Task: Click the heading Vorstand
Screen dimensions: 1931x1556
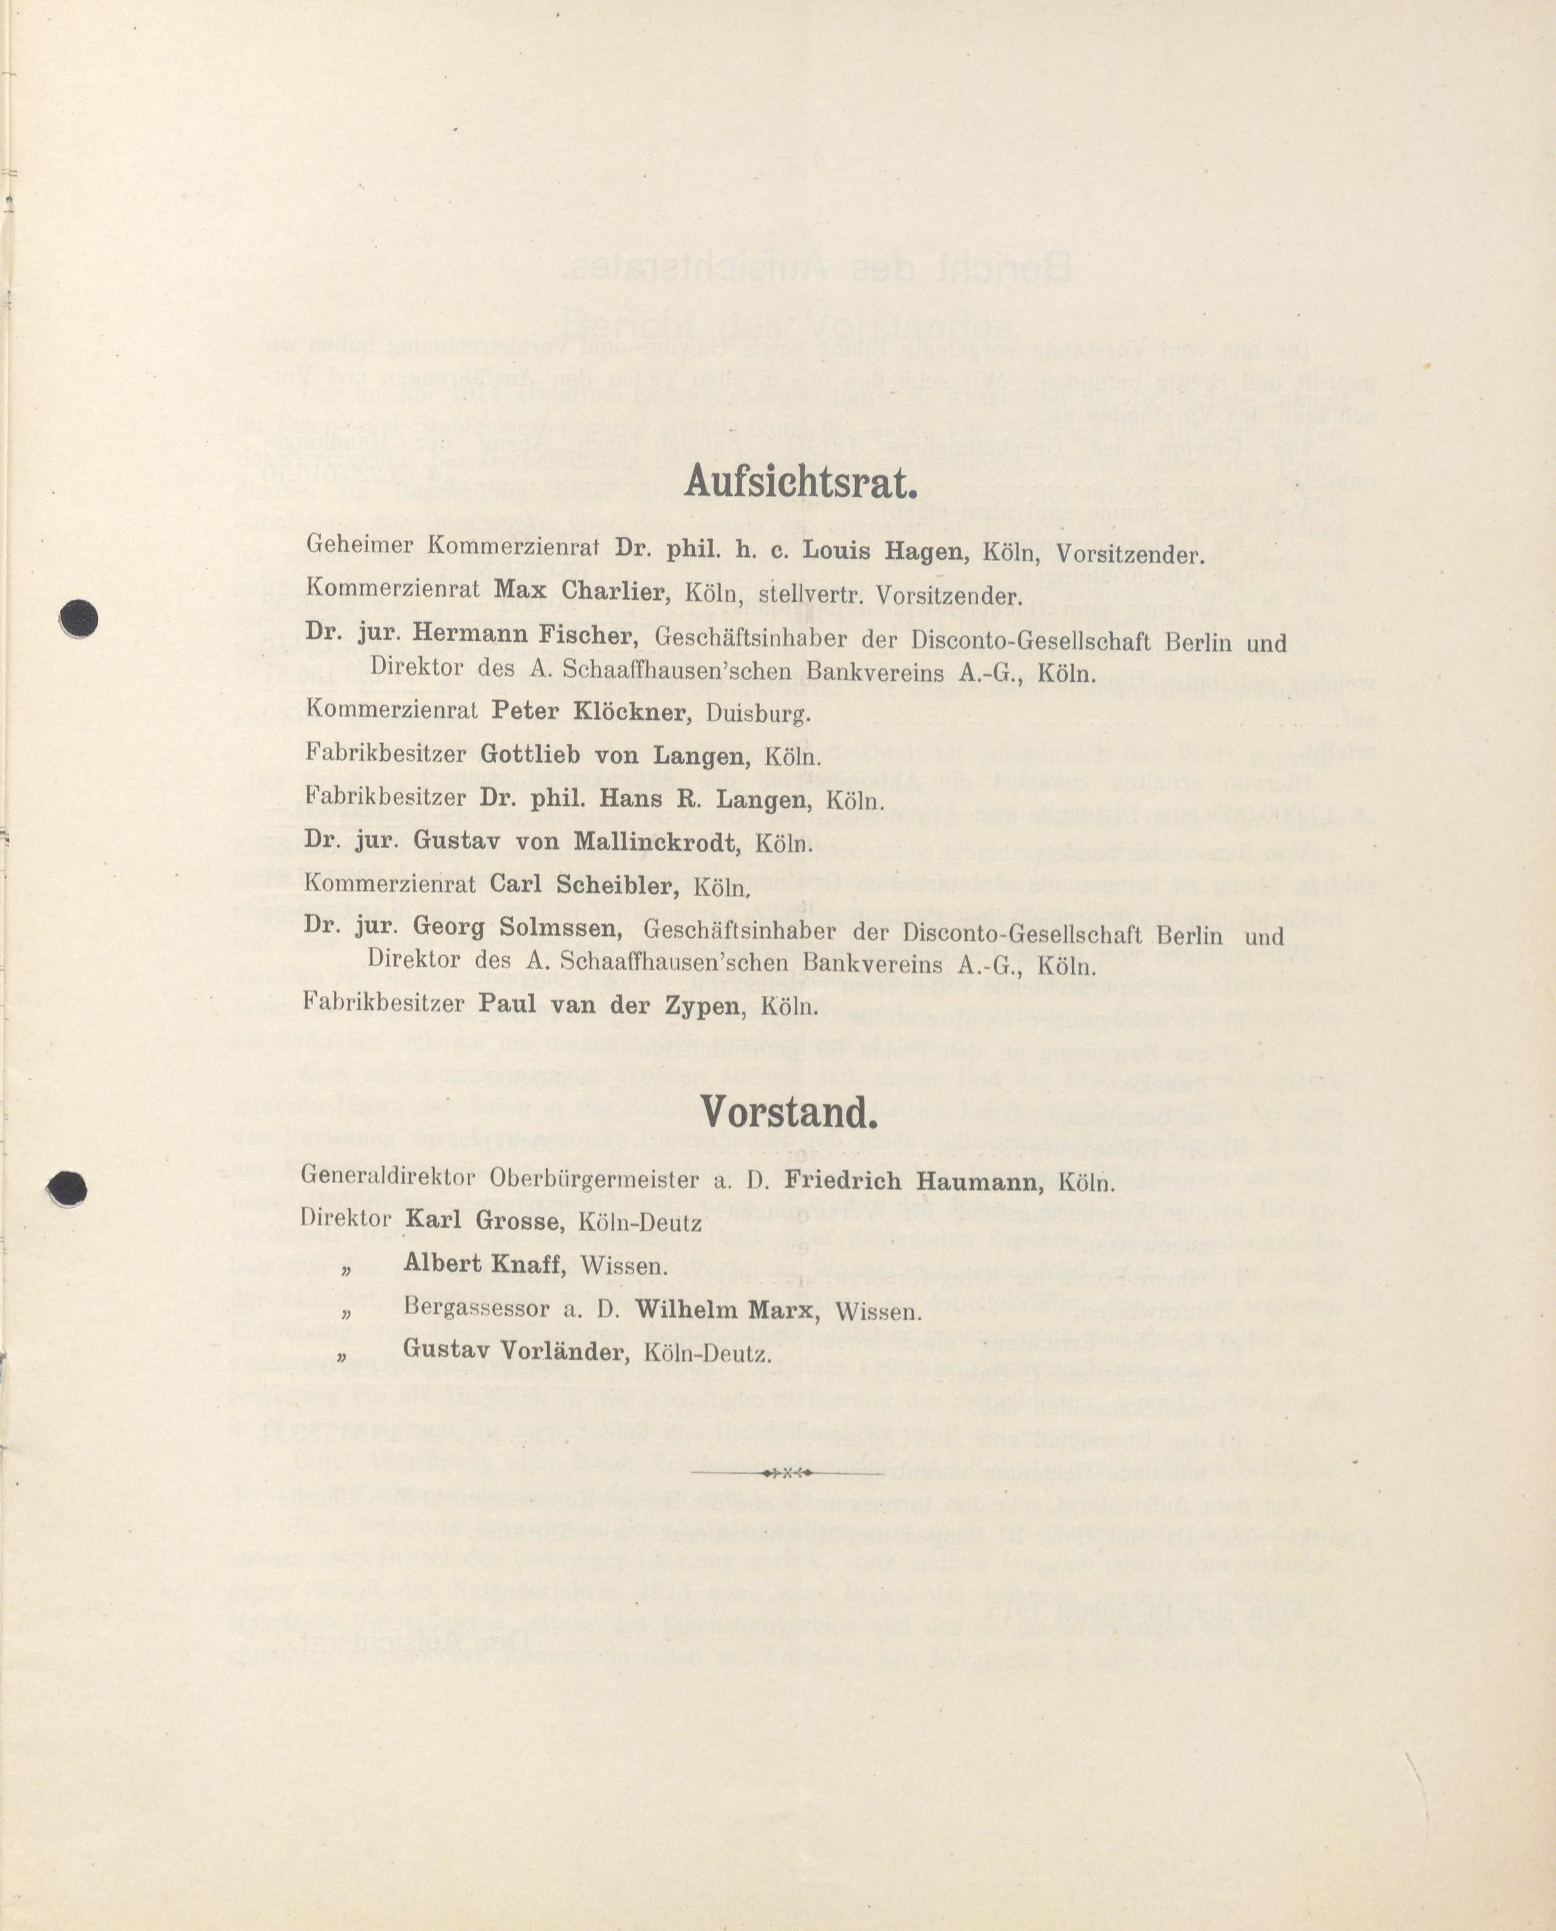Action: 788,1114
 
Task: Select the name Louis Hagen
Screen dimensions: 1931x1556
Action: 885,550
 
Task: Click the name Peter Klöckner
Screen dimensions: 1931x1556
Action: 590,712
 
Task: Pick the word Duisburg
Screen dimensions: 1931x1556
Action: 759,714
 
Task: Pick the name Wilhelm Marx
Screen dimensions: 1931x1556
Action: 726,1309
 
